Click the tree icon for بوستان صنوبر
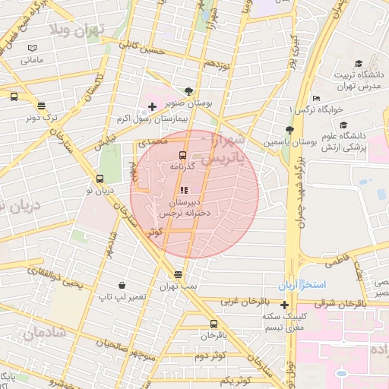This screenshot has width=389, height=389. point(188,90)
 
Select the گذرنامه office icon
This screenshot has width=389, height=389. point(182,155)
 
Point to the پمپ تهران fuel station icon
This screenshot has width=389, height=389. point(178,274)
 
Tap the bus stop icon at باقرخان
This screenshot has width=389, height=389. point(213,324)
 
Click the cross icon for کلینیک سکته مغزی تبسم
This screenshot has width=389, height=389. point(285,305)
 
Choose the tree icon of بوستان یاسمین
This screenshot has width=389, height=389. point(289,131)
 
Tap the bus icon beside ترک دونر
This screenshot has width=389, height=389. point(40,107)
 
